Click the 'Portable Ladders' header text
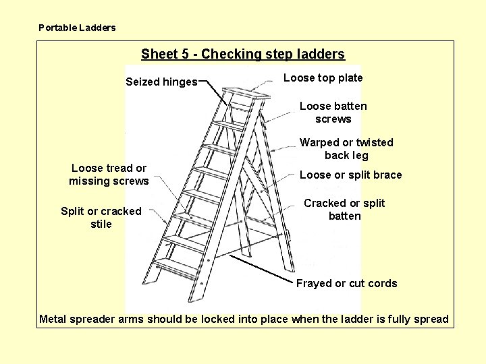coord(77,28)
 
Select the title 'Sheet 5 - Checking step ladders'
coord(242,55)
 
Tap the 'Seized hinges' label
coord(161,82)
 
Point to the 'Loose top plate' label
coord(323,78)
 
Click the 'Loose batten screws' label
coord(333,113)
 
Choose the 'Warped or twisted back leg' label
coord(346,149)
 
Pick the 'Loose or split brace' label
coord(350,175)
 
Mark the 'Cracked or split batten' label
coord(344,210)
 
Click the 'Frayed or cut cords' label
coord(346,284)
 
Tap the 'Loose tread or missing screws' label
coord(109,175)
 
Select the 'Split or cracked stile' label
coord(101,218)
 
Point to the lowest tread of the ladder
coord(177,266)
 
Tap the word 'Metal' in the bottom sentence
coord(53,320)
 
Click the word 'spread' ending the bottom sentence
coord(431,320)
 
